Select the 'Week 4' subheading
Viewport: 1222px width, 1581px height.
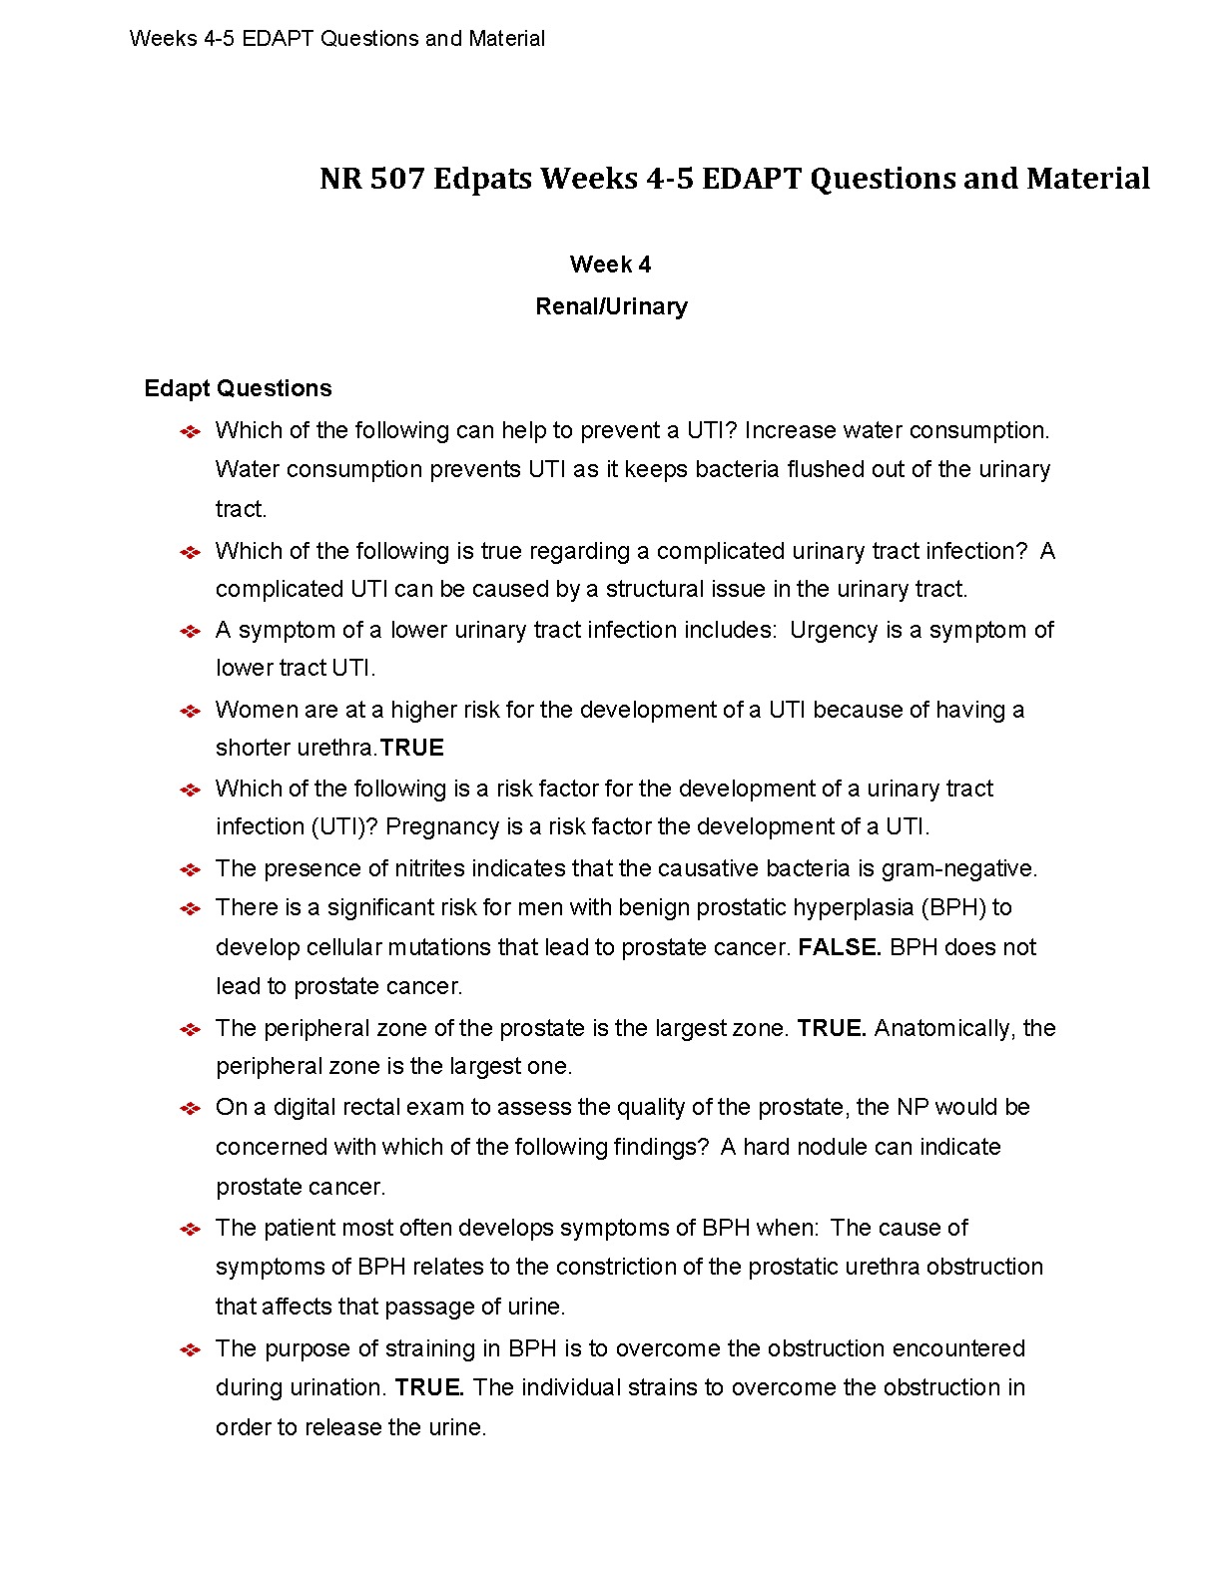(610, 264)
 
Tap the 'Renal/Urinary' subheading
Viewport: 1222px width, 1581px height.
(611, 306)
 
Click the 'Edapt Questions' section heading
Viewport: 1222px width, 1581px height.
(238, 388)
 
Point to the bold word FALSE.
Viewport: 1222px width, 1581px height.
(840, 947)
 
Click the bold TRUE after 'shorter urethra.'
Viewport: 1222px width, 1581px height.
(412, 748)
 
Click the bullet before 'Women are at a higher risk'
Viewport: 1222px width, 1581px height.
(190, 711)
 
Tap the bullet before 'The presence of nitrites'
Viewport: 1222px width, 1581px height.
(190, 869)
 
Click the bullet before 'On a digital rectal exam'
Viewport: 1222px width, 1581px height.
(190, 1108)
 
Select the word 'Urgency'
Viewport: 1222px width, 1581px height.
(829, 630)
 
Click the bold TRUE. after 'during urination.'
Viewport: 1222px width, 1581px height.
(429, 1387)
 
